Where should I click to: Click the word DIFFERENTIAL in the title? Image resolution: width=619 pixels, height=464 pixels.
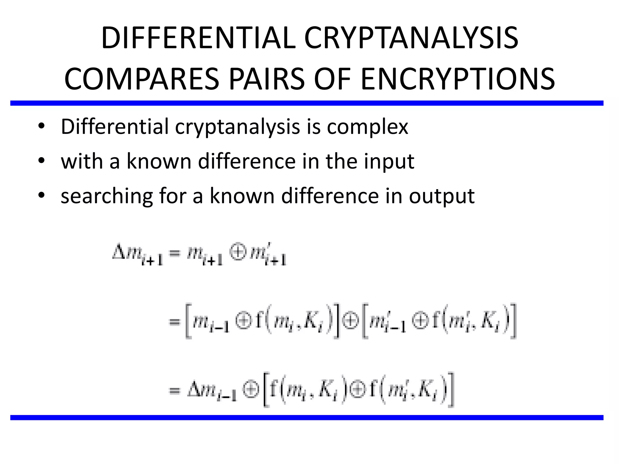pyautogui.click(x=198, y=38)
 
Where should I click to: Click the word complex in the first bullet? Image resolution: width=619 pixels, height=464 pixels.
pyautogui.click(x=367, y=127)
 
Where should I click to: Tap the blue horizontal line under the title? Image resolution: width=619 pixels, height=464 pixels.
pyautogui.click(x=307, y=103)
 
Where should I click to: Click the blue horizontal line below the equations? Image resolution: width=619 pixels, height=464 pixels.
pyautogui.click(x=307, y=417)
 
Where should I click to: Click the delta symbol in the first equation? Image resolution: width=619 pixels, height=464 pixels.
pyautogui.click(x=118, y=253)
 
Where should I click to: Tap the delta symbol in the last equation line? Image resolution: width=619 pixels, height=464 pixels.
pyautogui.click(x=194, y=390)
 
